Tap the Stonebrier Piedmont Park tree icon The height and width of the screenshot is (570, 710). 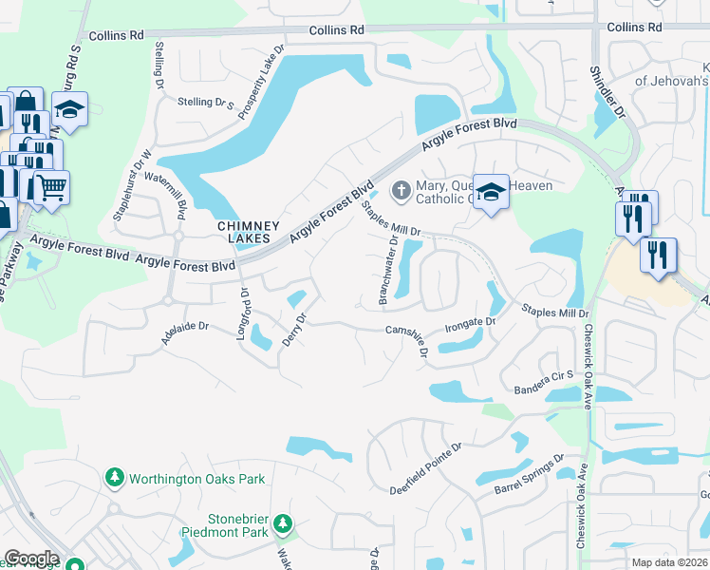click(282, 522)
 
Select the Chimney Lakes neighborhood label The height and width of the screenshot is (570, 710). click(249, 232)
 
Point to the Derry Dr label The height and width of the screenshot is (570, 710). click(294, 329)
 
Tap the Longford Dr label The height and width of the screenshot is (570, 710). click(242, 308)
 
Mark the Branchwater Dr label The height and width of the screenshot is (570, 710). click(388, 271)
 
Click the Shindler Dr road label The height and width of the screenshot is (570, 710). click(608, 90)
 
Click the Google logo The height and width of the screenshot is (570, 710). click(31, 559)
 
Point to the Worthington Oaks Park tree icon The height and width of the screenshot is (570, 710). click(115, 477)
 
